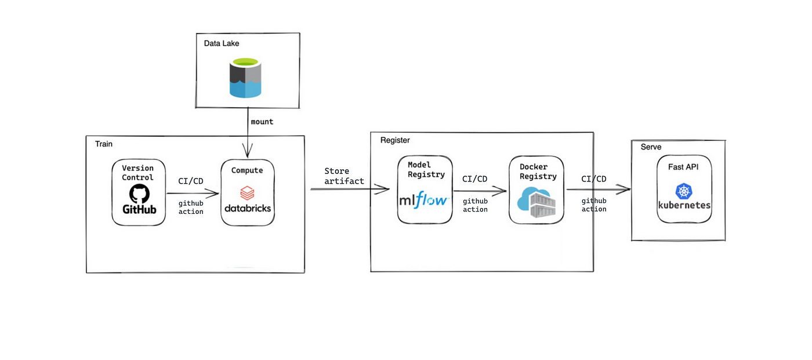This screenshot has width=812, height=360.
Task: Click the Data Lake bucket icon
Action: (246, 78)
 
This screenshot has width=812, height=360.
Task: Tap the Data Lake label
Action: (222, 43)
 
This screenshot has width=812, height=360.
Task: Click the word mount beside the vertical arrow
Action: (262, 122)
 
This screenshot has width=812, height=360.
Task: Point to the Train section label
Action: (104, 143)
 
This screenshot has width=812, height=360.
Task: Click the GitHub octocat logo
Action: (139, 194)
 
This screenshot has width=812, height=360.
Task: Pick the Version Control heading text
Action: (138, 173)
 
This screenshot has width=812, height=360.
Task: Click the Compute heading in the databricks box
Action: (247, 170)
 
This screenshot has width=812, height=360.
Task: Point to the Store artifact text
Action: (344, 176)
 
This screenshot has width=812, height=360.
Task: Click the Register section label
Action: (395, 140)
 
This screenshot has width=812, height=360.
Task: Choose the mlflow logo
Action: (424, 200)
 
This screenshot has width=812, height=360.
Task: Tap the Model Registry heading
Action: (426, 169)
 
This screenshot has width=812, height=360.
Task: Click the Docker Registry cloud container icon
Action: (536, 203)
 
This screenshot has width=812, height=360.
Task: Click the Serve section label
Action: (651, 147)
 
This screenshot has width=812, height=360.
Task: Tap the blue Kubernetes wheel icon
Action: (684, 192)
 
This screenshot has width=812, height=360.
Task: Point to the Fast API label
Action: (684, 166)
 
